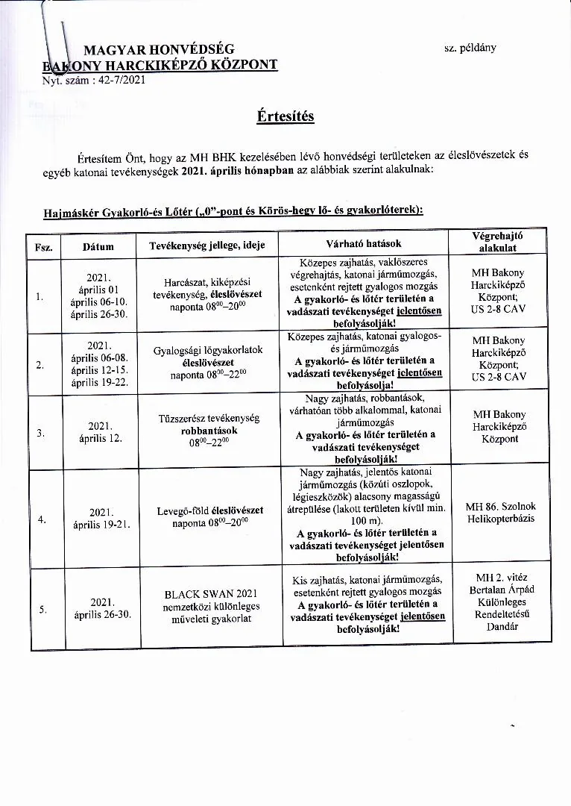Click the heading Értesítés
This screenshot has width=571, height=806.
click(285, 116)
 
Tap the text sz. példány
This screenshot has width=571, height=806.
click(470, 48)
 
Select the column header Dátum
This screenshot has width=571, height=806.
click(98, 246)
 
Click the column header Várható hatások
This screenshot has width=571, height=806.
click(364, 244)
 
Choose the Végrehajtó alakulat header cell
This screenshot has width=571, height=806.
click(499, 240)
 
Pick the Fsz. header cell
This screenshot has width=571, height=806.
click(43, 246)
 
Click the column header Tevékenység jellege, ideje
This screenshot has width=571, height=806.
click(206, 246)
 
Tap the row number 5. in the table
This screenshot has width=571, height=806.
click(42, 610)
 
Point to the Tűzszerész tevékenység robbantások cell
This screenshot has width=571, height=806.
click(210, 430)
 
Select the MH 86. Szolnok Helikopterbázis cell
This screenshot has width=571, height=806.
click(499, 513)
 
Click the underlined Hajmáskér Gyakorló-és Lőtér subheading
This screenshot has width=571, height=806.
click(232, 210)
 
